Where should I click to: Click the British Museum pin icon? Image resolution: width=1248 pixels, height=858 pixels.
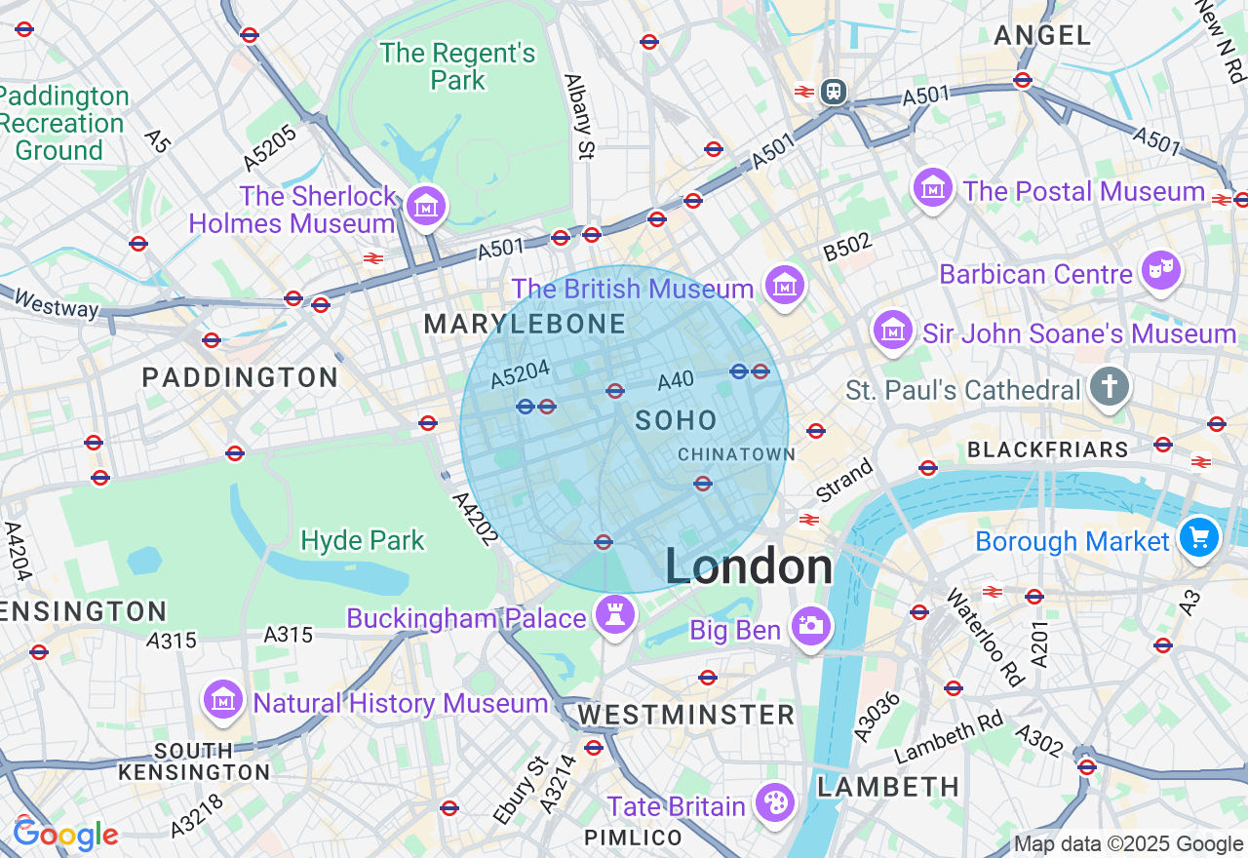pos(785,286)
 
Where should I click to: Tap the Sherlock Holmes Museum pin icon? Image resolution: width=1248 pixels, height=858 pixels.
pos(426,206)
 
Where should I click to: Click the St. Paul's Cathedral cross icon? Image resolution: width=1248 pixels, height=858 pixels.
pos(1109,387)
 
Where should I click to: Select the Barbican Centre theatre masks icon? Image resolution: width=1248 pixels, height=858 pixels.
pos(1161,271)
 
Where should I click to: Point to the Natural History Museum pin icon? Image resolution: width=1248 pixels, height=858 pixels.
pos(223,700)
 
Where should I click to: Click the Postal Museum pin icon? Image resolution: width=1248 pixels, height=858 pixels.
pos(933,187)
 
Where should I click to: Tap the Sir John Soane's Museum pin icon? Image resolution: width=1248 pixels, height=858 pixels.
pos(892,331)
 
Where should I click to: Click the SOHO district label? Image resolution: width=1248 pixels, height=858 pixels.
pos(676,421)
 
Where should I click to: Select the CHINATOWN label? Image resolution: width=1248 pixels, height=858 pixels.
pos(736,454)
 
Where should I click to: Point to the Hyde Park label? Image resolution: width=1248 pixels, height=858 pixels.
pos(363,540)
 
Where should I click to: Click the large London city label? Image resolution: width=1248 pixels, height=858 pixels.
pos(749,566)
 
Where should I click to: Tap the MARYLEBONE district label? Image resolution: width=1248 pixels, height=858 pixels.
pos(525,325)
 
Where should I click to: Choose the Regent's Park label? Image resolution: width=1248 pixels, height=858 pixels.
pos(457,66)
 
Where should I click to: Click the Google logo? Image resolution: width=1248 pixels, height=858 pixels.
pos(65,835)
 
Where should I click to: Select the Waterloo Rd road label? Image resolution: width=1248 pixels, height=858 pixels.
pos(981,638)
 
